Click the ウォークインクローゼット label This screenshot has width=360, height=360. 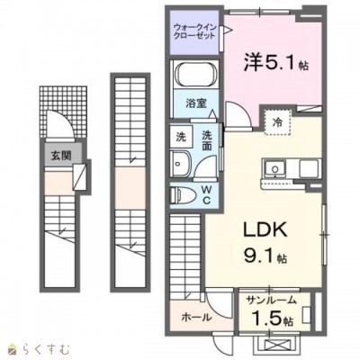194,31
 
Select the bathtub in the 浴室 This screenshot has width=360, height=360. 195,76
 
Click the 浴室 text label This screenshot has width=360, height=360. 195,103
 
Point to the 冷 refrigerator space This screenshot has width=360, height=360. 277,122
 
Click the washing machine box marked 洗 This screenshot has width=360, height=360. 181,137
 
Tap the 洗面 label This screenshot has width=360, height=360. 207,140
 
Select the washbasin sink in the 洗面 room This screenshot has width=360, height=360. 181,164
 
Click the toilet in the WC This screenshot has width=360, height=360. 182,195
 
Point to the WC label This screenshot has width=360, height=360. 206,195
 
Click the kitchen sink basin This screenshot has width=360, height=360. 274,167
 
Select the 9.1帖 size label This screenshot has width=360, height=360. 265,256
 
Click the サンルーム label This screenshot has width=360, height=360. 271,301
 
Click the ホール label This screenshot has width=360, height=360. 196,317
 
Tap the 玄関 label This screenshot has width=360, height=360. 61,156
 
